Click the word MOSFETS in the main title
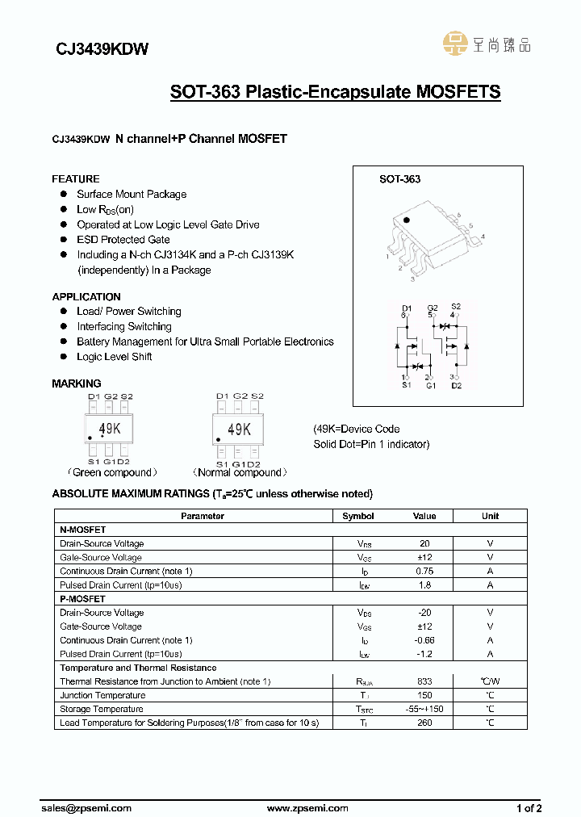[x=458, y=92]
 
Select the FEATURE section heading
[x=76, y=178]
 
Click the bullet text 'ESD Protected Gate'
[x=123, y=240]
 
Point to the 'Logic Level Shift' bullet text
[x=114, y=357]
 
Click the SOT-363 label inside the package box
[x=399, y=179]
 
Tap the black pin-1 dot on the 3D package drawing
[x=407, y=220]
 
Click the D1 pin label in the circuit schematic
[x=407, y=308]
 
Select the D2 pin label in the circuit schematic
[x=456, y=386]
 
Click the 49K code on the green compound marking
[x=110, y=429]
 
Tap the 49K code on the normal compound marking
[x=239, y=429]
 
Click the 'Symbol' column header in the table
[x=358, y=516]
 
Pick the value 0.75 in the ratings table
[x=424, y=571]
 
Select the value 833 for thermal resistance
[x=424, y=681]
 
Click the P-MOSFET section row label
[x=83, y=599]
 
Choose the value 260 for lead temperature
[x=424, y=723]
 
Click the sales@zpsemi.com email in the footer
[x=86, y=808]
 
